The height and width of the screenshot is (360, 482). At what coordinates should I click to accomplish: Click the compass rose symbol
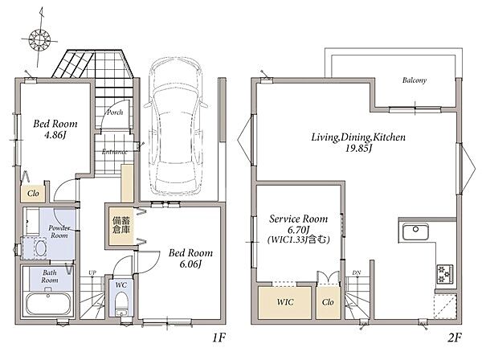coord(39,39)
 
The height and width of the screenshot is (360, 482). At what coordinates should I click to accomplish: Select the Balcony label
coord(415,80)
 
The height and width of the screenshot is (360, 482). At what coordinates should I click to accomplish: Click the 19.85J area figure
coord(359,149)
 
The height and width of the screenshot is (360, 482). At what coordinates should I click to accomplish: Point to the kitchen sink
coord(415,231)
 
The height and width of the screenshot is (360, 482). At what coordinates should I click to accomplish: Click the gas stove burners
coord(445,273)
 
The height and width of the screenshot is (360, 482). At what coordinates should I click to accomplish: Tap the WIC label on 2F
coord(285,302)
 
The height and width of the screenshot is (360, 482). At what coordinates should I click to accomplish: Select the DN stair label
coord(356,272)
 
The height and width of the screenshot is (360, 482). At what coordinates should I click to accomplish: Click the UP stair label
coord(92,272)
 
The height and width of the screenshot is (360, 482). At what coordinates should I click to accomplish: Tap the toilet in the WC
coord(121,304)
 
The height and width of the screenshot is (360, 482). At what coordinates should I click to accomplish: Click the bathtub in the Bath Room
coord(48,304)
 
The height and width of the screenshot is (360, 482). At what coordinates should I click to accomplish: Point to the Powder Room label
coord(59,231)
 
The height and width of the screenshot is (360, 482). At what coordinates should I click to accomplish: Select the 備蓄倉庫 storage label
coord(121,225)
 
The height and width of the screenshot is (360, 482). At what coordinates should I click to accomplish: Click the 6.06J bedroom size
coord(190,264)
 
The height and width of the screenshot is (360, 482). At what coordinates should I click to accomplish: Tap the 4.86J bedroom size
coord(55,135)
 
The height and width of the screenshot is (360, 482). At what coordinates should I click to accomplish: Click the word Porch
coord(115,112)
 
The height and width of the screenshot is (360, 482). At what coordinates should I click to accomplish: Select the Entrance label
coord(114,152)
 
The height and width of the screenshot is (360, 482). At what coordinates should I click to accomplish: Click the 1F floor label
coord(219,338)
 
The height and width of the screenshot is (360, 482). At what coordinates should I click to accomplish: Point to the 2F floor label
coord(455,338)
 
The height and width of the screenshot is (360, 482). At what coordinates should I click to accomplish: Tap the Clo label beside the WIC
coord(328,302)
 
